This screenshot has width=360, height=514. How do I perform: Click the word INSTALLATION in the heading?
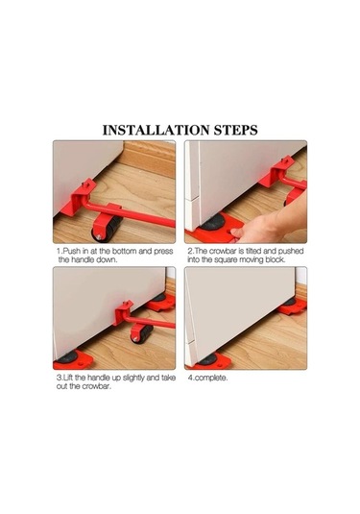pos(156,130)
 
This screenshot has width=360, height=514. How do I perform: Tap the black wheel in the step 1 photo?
pos(107,228)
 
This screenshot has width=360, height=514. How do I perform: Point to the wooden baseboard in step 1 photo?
pos(148,158)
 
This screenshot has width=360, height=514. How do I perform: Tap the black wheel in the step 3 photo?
pos(141,333)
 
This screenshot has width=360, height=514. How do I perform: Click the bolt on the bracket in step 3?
pos(125,304)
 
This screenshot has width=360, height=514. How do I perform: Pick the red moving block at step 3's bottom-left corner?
pos(73,360)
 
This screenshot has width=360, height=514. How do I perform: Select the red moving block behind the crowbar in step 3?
pos(160,302)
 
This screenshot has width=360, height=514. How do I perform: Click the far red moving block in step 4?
pos(291,306)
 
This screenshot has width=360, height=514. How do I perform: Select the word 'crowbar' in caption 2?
pos(223,252)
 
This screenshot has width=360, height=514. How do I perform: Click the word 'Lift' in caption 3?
pos(67,378)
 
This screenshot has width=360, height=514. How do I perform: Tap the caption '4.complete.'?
pos(207,378)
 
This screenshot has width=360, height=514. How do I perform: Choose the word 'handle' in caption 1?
pos(82,260)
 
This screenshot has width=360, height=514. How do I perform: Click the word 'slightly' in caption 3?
pos(133,378)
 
